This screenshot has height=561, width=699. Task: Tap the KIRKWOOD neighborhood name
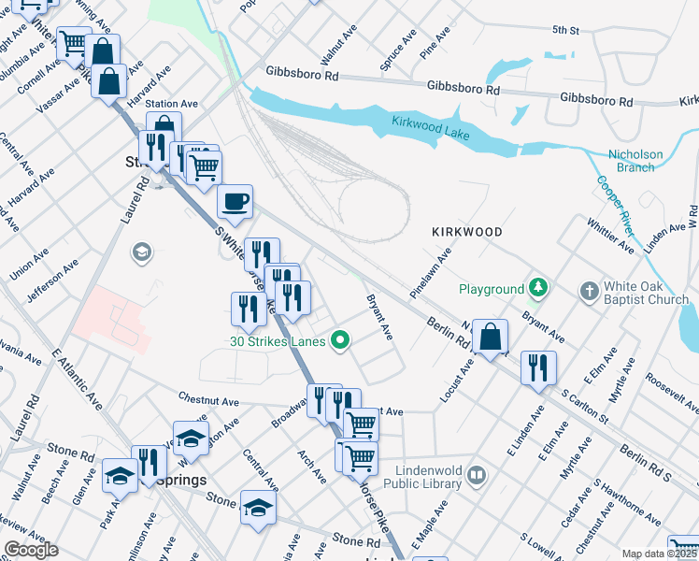click(x=466, y=231)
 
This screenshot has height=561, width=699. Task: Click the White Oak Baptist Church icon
click(x=589, y=291)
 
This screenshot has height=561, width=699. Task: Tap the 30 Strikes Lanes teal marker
click(x=341, y=341)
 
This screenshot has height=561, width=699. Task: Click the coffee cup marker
click(x=235, y=199)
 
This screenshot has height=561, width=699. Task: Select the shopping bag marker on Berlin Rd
click(x=490, y=337)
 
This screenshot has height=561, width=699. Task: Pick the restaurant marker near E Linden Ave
click(x=538, y=366)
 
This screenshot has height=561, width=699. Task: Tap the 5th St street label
click(x=565, y=31)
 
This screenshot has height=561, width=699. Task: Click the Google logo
click(x=31, y=550)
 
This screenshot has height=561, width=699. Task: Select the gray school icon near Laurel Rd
click(x=141, y=252)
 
